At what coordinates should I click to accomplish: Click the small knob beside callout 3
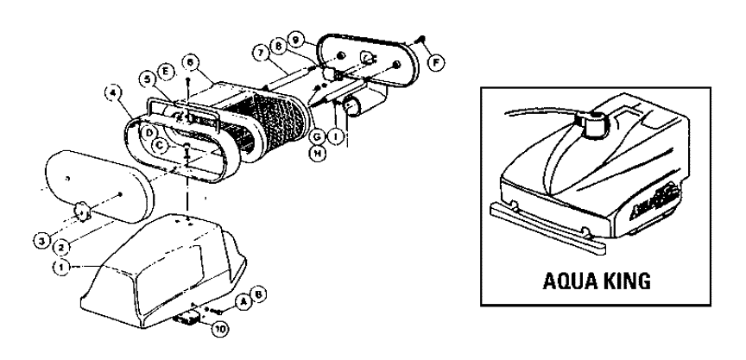pyautogui.click(x=82, y=207)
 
